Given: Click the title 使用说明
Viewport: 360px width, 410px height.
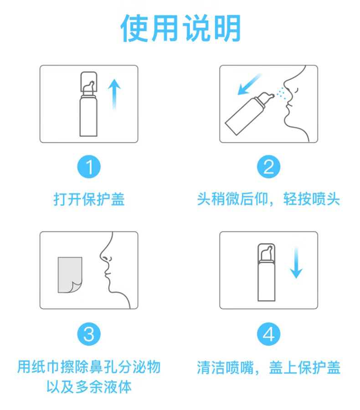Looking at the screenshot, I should (180, 28).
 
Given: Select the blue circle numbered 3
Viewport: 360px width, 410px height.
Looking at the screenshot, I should (89, 334).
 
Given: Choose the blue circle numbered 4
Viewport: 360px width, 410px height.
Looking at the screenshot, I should (268, 334).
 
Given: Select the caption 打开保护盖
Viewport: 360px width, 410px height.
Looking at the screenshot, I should (89, 200).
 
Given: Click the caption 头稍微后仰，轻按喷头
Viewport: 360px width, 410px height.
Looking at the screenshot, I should (268, 200).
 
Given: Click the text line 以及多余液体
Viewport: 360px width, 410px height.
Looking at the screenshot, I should (89, 387).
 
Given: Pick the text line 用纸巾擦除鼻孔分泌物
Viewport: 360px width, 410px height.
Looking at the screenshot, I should (89, 367).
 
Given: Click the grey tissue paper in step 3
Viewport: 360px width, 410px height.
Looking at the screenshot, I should (70, 275).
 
